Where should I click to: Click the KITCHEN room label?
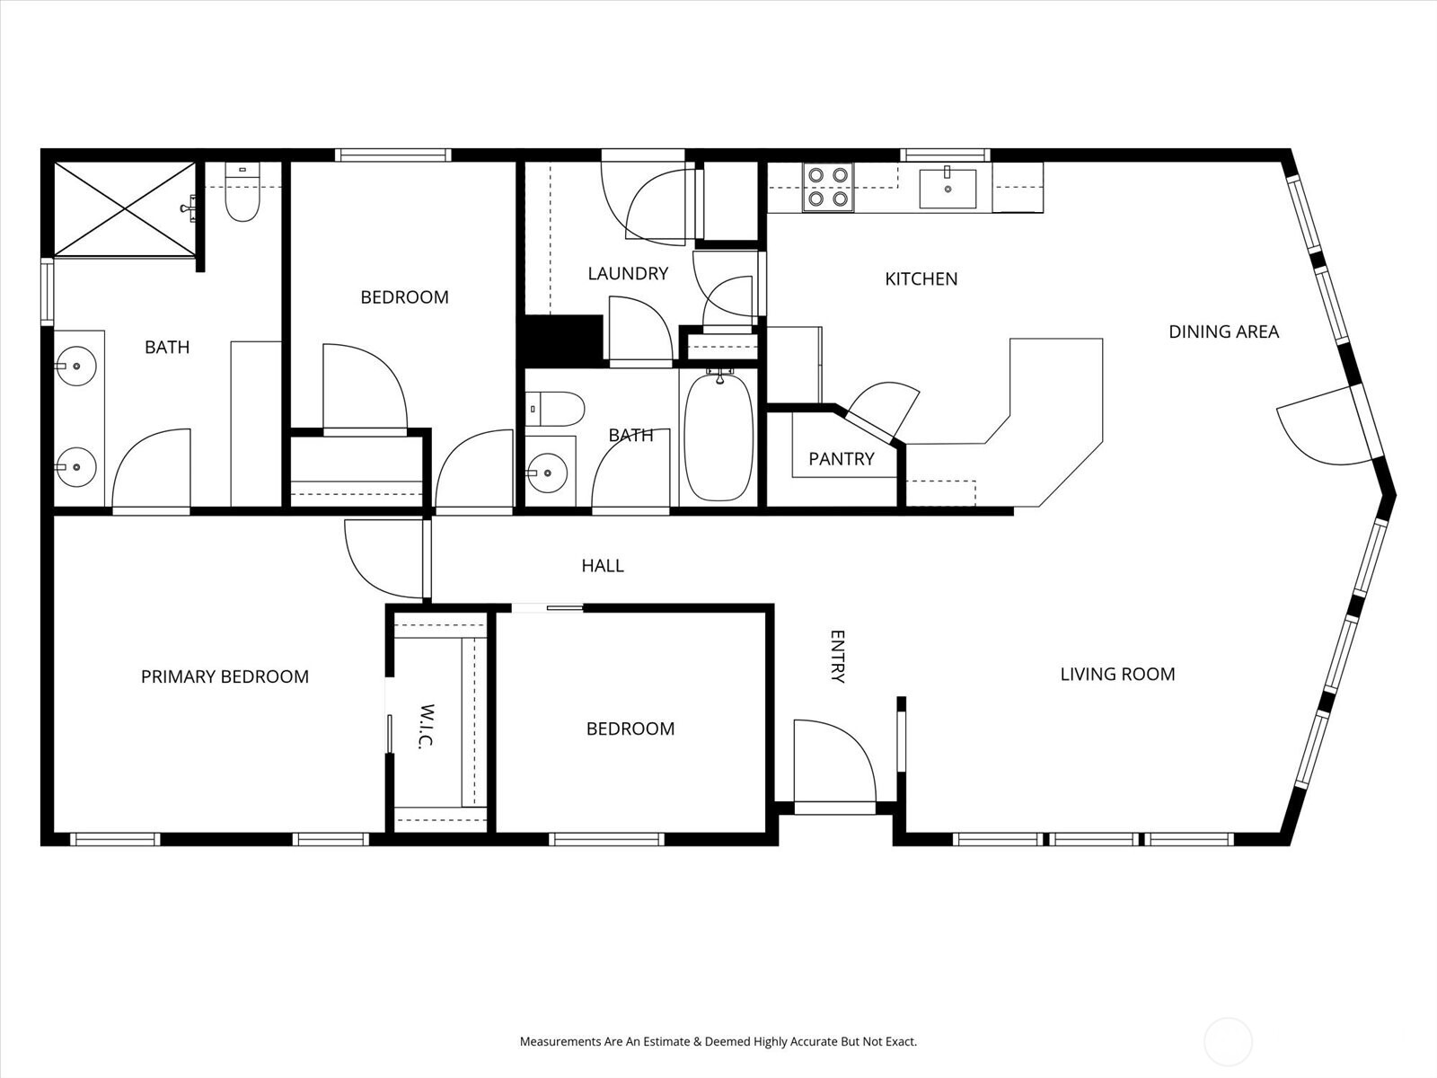click(x=921, y=278)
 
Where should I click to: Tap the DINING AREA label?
click(x=1223, y=331)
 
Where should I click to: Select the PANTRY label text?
click(x=841, y=459)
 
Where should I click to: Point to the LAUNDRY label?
click(x=628, y=273)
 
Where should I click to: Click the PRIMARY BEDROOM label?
click(x=225, y=676)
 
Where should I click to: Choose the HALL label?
click(x=602, y=565)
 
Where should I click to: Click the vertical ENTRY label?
click(x=836, y=657)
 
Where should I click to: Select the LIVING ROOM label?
click(x=1117, y=674)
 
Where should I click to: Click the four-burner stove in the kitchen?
click(x=827, y=187)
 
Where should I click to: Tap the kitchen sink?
click(x=948, y=187)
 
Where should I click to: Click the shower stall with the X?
click(x=125, y=208)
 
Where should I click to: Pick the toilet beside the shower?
click(x=242, y=195)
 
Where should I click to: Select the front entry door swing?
click(x=833, y=760)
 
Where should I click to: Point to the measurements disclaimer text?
click(x=718, y=1042)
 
